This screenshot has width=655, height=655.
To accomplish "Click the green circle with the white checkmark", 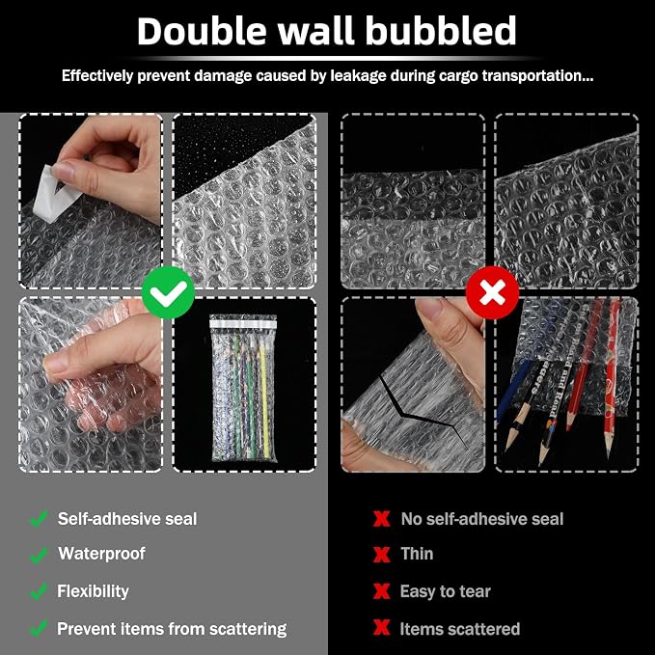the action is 168,292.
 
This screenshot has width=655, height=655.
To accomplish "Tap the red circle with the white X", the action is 493,292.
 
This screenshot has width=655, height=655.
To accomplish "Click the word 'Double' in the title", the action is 202,31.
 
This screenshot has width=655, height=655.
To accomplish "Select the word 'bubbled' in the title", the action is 441,31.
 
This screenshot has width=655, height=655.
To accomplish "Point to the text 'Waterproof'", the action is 101,554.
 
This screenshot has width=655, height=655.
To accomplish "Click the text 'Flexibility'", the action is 93,591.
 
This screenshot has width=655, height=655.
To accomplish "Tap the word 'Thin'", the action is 417,554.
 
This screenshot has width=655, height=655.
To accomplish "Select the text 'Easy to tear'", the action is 446,591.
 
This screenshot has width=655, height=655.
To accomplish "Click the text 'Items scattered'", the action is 460,629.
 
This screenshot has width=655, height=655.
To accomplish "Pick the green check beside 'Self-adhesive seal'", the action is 39,519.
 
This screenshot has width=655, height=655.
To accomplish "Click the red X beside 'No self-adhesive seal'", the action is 381,519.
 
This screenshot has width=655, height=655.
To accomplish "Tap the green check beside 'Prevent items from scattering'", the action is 39,629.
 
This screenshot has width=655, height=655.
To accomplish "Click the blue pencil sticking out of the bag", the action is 513,389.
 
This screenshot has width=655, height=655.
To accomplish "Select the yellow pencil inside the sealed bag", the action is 264,401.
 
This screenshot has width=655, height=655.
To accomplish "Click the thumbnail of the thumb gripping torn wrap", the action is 413,384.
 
